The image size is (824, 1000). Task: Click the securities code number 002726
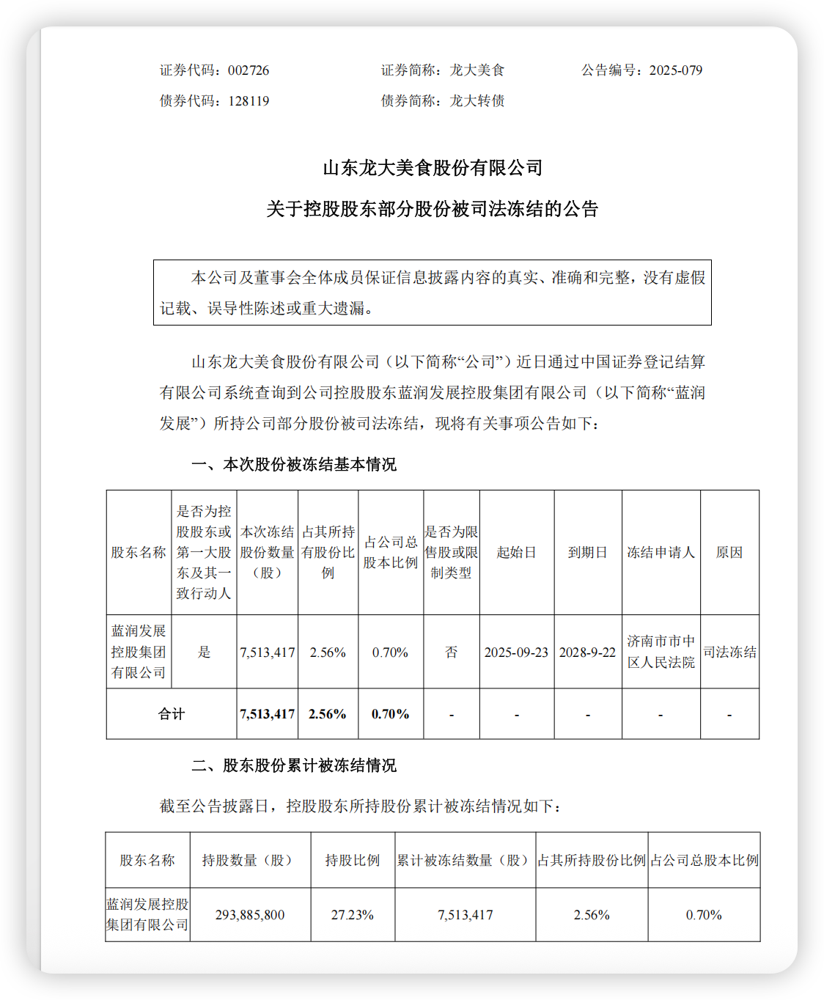(249, 70)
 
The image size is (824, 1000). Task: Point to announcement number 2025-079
(675, 70)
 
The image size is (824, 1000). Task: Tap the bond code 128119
(249, 101)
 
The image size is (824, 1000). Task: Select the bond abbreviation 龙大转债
(477, 101)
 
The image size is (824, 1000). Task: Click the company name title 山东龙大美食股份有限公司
(433, 168)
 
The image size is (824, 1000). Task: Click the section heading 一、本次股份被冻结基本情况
(293, 464)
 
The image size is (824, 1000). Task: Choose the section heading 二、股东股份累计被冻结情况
(293, 765)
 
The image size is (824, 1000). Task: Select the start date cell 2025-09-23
(516, 652)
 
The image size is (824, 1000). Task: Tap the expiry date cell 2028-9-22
(587, 652)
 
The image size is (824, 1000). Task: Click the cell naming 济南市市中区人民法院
(661, 652)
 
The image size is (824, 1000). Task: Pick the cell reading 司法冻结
(729, 652)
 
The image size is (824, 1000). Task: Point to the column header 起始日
(516, 552)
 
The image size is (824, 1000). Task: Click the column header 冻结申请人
(661, 552)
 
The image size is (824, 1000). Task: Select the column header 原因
(729, 552)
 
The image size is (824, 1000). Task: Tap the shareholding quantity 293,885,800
(250, 915)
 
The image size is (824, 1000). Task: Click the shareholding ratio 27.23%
(353, 915)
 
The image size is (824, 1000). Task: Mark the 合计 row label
(172, 714)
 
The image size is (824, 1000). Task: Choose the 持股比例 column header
(353, 860)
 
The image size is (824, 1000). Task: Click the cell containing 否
(451, 652)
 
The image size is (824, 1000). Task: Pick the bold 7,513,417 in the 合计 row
(268, 714)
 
